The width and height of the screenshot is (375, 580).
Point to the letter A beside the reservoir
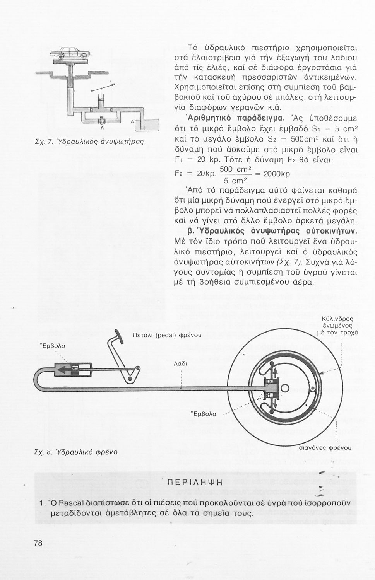(x=132, y=122)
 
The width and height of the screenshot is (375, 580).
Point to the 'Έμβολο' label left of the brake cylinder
(x=53, y=345)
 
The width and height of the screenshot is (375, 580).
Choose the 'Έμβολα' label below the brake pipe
(x=204, y=414)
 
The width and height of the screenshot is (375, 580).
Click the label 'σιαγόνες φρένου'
(x=326, y=448)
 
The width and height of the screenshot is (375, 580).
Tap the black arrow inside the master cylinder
(x=63, y=371)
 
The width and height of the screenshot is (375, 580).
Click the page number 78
(x=38, y=543)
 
